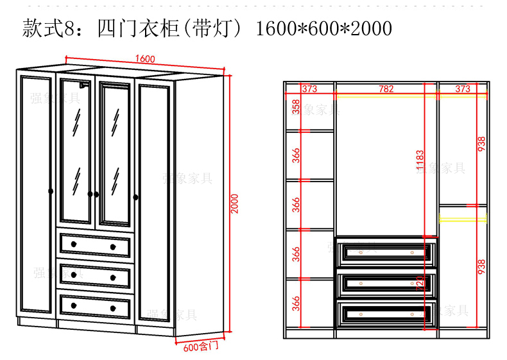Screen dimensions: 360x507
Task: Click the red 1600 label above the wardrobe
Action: pos(146,59)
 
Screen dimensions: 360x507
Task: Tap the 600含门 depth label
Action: pos(201,347)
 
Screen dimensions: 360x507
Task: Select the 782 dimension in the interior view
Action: pos(386,89)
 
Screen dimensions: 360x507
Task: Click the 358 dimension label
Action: pos(296,107)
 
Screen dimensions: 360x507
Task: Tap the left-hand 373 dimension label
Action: pos(310,89)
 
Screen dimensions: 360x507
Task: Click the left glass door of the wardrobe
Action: pos(76,151)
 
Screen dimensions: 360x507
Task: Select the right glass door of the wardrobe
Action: pos(116,151)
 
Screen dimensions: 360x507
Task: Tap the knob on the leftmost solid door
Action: pos(50,190)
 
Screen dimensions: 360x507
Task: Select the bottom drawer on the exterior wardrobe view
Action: pos(95,305)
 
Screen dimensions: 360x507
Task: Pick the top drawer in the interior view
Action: pos(386,252)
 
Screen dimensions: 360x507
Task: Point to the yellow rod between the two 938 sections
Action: pos(463,218)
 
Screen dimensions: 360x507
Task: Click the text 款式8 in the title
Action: pos(44,28)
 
